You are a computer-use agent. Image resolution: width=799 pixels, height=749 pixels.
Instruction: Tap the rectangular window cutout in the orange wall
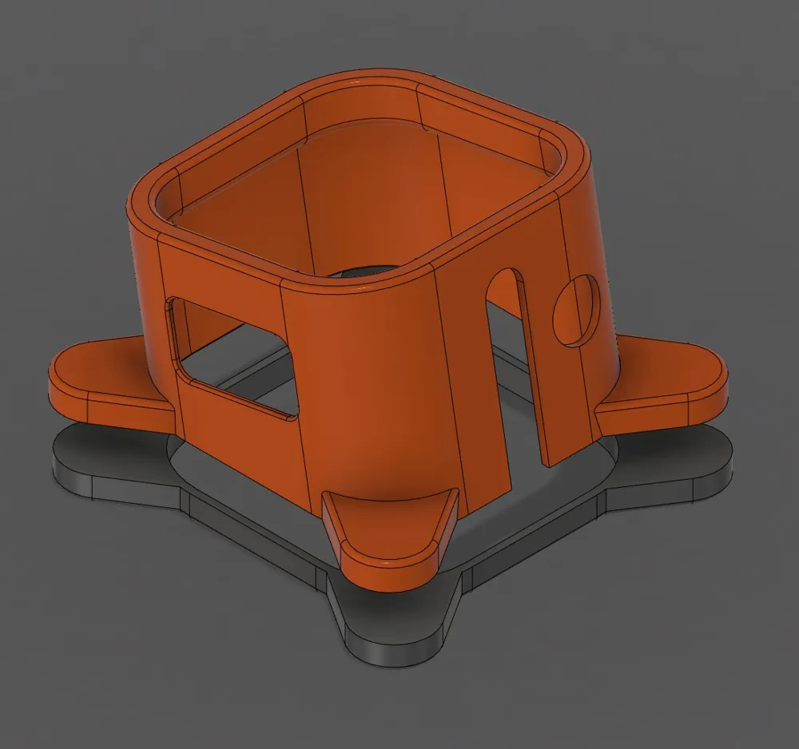(x=232, y=355)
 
